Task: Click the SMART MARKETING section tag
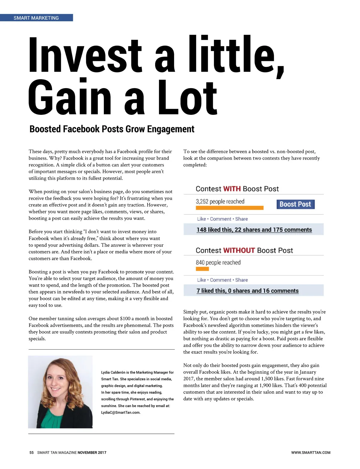[36, 18]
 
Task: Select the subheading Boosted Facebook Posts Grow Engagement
[112, 129]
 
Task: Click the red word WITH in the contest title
[232, 189]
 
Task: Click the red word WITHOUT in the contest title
[239, 250]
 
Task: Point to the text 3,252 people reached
[220, 202]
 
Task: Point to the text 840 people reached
[218, 263]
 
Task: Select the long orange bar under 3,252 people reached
[229, 208]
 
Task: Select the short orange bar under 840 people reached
[202, 269]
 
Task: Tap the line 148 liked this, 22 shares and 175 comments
[254, 230]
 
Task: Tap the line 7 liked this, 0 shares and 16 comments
[247, 291]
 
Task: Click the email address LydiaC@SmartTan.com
[121, 413]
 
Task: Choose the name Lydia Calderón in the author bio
[113, 372]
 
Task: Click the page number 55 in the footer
[31, 453]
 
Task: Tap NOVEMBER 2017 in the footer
[92, 453]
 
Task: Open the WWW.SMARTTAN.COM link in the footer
[310, 453]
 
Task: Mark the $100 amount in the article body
[125, 318]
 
